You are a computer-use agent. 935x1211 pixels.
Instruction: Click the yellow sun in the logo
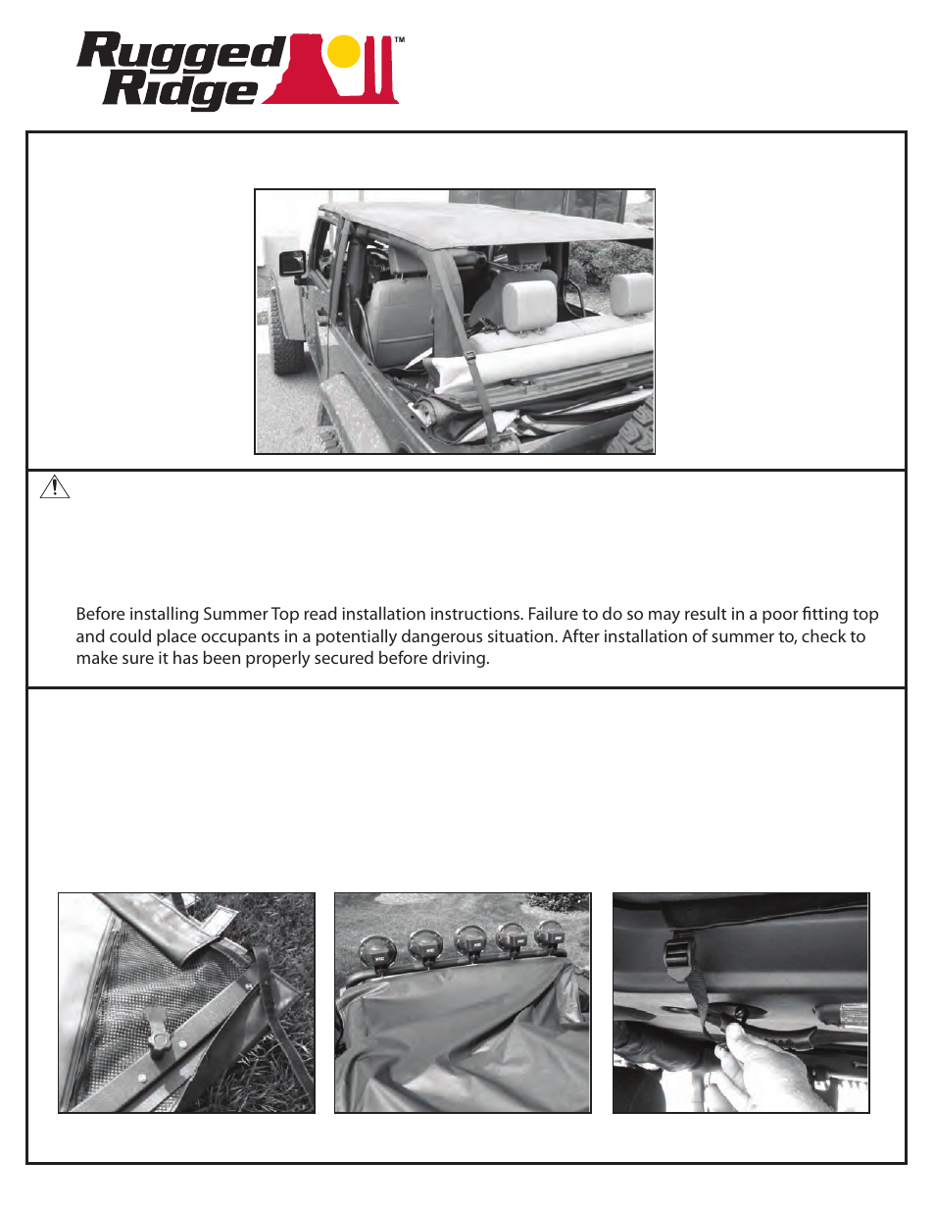344,52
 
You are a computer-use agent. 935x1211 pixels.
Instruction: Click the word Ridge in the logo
181,89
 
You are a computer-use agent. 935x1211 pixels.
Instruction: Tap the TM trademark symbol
400,40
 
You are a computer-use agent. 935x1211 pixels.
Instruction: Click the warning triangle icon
55,486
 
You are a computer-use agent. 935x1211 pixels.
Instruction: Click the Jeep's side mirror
293,263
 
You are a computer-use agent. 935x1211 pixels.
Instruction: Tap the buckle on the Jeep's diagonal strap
470,356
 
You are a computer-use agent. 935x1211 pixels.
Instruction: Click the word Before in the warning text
101,614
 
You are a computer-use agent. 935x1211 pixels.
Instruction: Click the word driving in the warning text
460,658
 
